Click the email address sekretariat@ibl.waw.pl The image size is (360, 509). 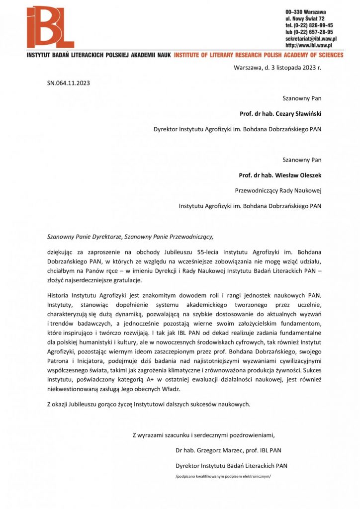tap(311, 38)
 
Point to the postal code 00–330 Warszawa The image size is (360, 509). tap(305, 11)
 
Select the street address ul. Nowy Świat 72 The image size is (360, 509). tap(305, 18)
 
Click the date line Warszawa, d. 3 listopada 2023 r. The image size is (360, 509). tap(277, 68)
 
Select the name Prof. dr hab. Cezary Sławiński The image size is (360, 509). tap(280, 113)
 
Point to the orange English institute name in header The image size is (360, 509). tap(258, 55)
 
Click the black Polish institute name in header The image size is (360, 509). tap(99, 55)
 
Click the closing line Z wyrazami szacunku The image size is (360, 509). tap(203, 435)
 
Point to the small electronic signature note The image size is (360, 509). tap(223, 476)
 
